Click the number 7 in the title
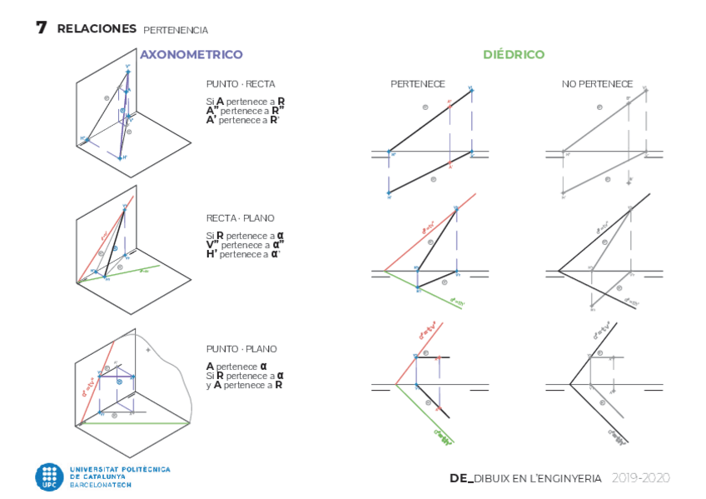click(41, 27)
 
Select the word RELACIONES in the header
click(97, 29)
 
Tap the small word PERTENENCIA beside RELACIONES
click(176, 30)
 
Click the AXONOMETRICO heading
click(191, 55)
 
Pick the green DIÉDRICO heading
click(514, 55)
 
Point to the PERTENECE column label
click(418, 84)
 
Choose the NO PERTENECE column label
click(597, 84)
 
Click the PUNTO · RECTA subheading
click(241, 84)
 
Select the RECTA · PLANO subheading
click(241, 218)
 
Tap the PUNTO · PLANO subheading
click(241, 349)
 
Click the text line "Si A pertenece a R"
click(246, 101)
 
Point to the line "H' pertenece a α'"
click(243, 254)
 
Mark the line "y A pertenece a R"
click(244, 385)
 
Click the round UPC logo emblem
click(49, 477)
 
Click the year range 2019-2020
click(640, 478)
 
